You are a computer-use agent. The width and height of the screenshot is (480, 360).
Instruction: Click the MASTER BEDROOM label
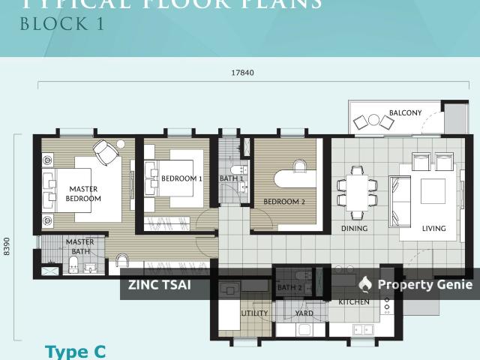pos(83,193)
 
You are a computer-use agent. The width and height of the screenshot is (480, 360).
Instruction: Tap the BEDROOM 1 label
pos(181,178)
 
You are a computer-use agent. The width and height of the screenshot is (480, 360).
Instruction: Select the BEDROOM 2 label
pos(284,201)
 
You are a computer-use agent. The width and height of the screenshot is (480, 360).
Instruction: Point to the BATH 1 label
pos(231,178)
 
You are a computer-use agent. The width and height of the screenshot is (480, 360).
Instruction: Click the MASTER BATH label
pos(80,247)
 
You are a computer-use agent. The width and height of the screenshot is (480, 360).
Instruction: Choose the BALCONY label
pos(405,113)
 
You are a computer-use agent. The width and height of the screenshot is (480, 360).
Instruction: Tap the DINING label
pos(354,229)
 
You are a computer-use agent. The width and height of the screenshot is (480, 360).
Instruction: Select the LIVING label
pos(433,229)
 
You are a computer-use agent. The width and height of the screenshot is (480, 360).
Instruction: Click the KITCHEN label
pos(354,301)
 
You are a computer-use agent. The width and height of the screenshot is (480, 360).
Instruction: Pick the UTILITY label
pos(254,313)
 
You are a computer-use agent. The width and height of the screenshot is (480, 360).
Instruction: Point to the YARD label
pos(304,313)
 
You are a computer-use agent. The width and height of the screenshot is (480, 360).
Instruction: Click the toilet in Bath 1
pos(237,168)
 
